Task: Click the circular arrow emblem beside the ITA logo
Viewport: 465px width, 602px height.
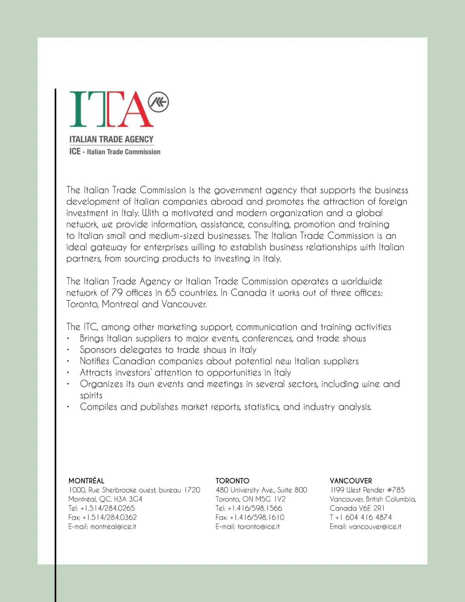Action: click(x=158, y=102)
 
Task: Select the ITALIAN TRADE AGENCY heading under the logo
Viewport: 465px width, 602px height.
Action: click(x=111, y=139)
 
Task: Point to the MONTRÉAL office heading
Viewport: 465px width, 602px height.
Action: click(x=86, y=481)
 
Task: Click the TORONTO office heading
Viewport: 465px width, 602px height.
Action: click(x=232, y=481)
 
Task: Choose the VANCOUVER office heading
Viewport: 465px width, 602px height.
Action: click(x=351, y=481)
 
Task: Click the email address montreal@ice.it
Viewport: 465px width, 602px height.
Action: click(x=113, y=526)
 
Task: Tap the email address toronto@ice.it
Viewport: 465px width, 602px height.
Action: click(x=258, y=526)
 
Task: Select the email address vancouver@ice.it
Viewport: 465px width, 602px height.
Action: click(x=375, y=526)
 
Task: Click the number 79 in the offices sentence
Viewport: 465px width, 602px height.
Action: click(x=117, y=293)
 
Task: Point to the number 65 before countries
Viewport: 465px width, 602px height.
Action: click(x=170, y=293)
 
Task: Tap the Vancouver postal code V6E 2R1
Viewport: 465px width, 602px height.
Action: click(x=372, y=508)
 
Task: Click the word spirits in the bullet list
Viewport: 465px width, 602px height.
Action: click(x=91, y=395)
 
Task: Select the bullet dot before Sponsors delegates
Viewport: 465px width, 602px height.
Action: click(x=68, y=350)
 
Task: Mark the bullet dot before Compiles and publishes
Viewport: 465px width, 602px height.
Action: click(x=68, y=407)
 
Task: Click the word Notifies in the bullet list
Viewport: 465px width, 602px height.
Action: click(x=95, y=361)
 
